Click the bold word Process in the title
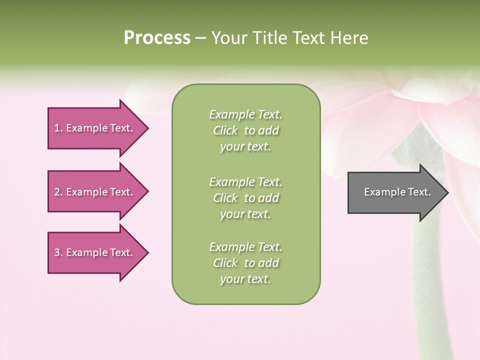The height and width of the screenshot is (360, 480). click(x=157, y=38)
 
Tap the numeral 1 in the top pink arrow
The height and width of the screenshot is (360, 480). click(x=57, y=128)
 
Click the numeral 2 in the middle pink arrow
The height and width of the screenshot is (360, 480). click(x=57, y=192)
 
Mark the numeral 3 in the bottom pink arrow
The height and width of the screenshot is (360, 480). click(x=57, y=252)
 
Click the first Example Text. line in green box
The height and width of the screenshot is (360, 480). click(x=245, y=114)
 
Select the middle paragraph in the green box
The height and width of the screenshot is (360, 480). click(x=245, y=198)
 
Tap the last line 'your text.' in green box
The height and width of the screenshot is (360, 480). click(x=245, y=279)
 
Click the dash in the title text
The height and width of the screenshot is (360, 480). click(x=200, y=38)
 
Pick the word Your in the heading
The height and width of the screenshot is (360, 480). click(x=228, y=38)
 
